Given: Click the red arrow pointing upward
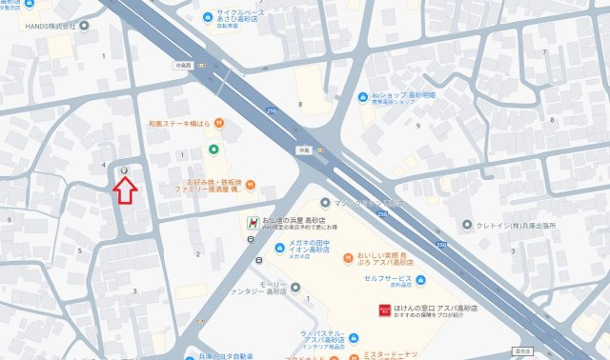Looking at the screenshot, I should pos(125,190).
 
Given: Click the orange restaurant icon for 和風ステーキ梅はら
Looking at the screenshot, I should pos(219,123).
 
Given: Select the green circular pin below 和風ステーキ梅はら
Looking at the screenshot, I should pos(212,149).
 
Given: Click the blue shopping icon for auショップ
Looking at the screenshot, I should pos(362,98).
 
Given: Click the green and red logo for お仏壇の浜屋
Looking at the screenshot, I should pos(251,223).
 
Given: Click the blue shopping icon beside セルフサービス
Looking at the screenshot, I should pos(419,280).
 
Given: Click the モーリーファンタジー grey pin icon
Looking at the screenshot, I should pos(295,286).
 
